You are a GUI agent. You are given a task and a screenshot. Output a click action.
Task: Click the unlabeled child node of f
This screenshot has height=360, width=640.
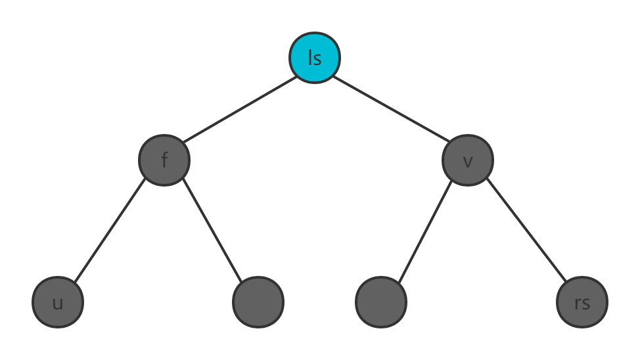tap(258, 302)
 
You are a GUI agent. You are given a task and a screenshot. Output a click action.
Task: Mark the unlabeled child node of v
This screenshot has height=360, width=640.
tap(381, 302)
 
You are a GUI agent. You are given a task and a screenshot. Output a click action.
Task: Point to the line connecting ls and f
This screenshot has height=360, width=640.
tap(240, 109)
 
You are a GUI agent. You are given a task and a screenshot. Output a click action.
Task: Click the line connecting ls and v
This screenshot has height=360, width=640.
tap(390, 109)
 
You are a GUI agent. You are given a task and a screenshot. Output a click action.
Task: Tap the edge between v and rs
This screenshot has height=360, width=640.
tap(526, 231)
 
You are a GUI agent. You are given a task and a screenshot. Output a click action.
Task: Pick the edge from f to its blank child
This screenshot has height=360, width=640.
tap(212, 231)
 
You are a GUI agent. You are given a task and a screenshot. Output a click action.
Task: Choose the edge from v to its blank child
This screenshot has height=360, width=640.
tap(424, 231)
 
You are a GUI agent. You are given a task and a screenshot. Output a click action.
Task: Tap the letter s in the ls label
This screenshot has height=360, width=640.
tap(317, 58)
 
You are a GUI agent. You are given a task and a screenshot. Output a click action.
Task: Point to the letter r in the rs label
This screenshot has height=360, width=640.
tap(578, 304)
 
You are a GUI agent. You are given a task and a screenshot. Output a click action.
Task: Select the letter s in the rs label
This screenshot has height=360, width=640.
tap(585, 304)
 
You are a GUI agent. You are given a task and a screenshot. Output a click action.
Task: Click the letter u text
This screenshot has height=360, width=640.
tap(58, 304)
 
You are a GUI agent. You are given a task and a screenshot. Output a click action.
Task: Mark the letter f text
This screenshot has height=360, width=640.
tap(164, 160)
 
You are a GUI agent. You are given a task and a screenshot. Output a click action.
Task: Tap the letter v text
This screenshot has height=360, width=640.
tap(468, 162)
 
